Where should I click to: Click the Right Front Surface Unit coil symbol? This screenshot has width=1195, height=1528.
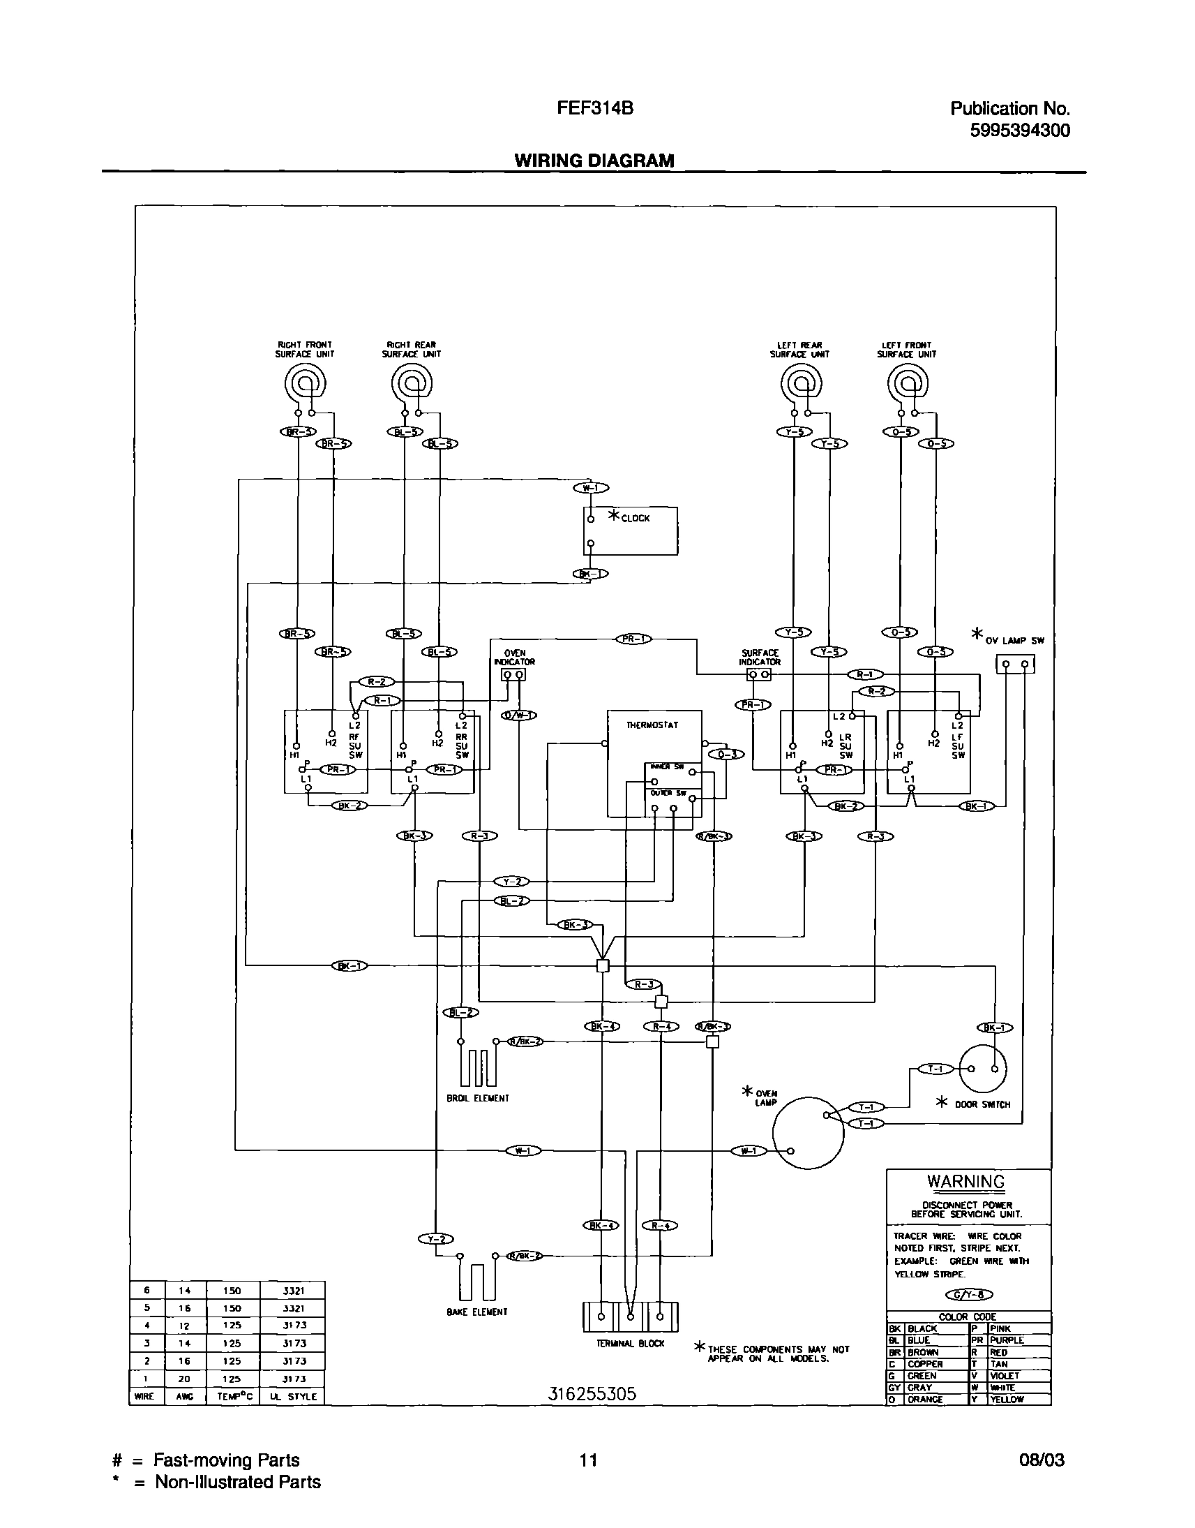coord(305,384)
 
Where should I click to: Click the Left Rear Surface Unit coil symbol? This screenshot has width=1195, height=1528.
coord(801,384)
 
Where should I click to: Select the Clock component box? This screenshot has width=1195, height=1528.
coord(631,531)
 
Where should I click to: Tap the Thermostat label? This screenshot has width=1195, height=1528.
coord(652,725)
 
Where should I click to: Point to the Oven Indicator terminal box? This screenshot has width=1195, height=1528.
coord(513,675)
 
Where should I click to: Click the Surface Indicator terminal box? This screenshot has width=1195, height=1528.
coord(759,675)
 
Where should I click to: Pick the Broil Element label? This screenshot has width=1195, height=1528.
coord(478,1098)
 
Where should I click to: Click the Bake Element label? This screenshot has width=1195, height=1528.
coord(477,1312)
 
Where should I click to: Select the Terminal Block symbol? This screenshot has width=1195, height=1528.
coord(631,1316)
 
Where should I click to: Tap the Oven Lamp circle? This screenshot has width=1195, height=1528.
coord(808,1132)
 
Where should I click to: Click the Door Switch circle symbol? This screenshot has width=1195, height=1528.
coord(982,1069)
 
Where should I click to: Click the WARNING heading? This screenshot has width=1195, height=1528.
coord(965,1182)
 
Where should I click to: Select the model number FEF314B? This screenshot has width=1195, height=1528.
coord(595,108)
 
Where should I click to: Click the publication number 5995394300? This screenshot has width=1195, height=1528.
coord(1019,131)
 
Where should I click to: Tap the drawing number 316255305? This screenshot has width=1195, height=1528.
coord(592,1393)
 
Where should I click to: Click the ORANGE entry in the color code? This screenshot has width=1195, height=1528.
coord(925,1399)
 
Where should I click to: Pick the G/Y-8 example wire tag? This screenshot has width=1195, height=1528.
coord(969,1294)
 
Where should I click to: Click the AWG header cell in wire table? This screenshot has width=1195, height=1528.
coord(185,1396)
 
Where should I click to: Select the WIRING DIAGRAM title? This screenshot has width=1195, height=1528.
coord(594,161)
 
